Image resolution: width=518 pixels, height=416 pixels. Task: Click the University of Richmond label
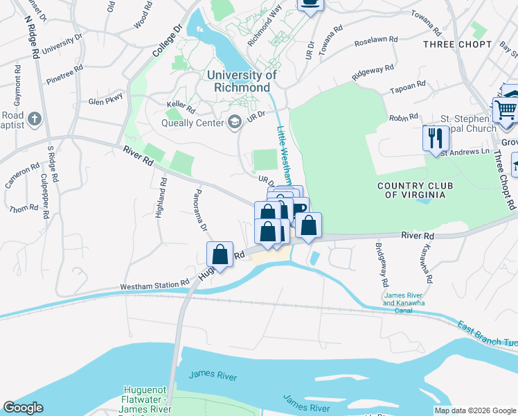[241, 81]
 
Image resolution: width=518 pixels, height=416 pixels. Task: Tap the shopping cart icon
[506, 109]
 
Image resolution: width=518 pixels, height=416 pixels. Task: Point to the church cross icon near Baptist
[35, 119]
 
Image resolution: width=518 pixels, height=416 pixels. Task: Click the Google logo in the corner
[24, 408]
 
